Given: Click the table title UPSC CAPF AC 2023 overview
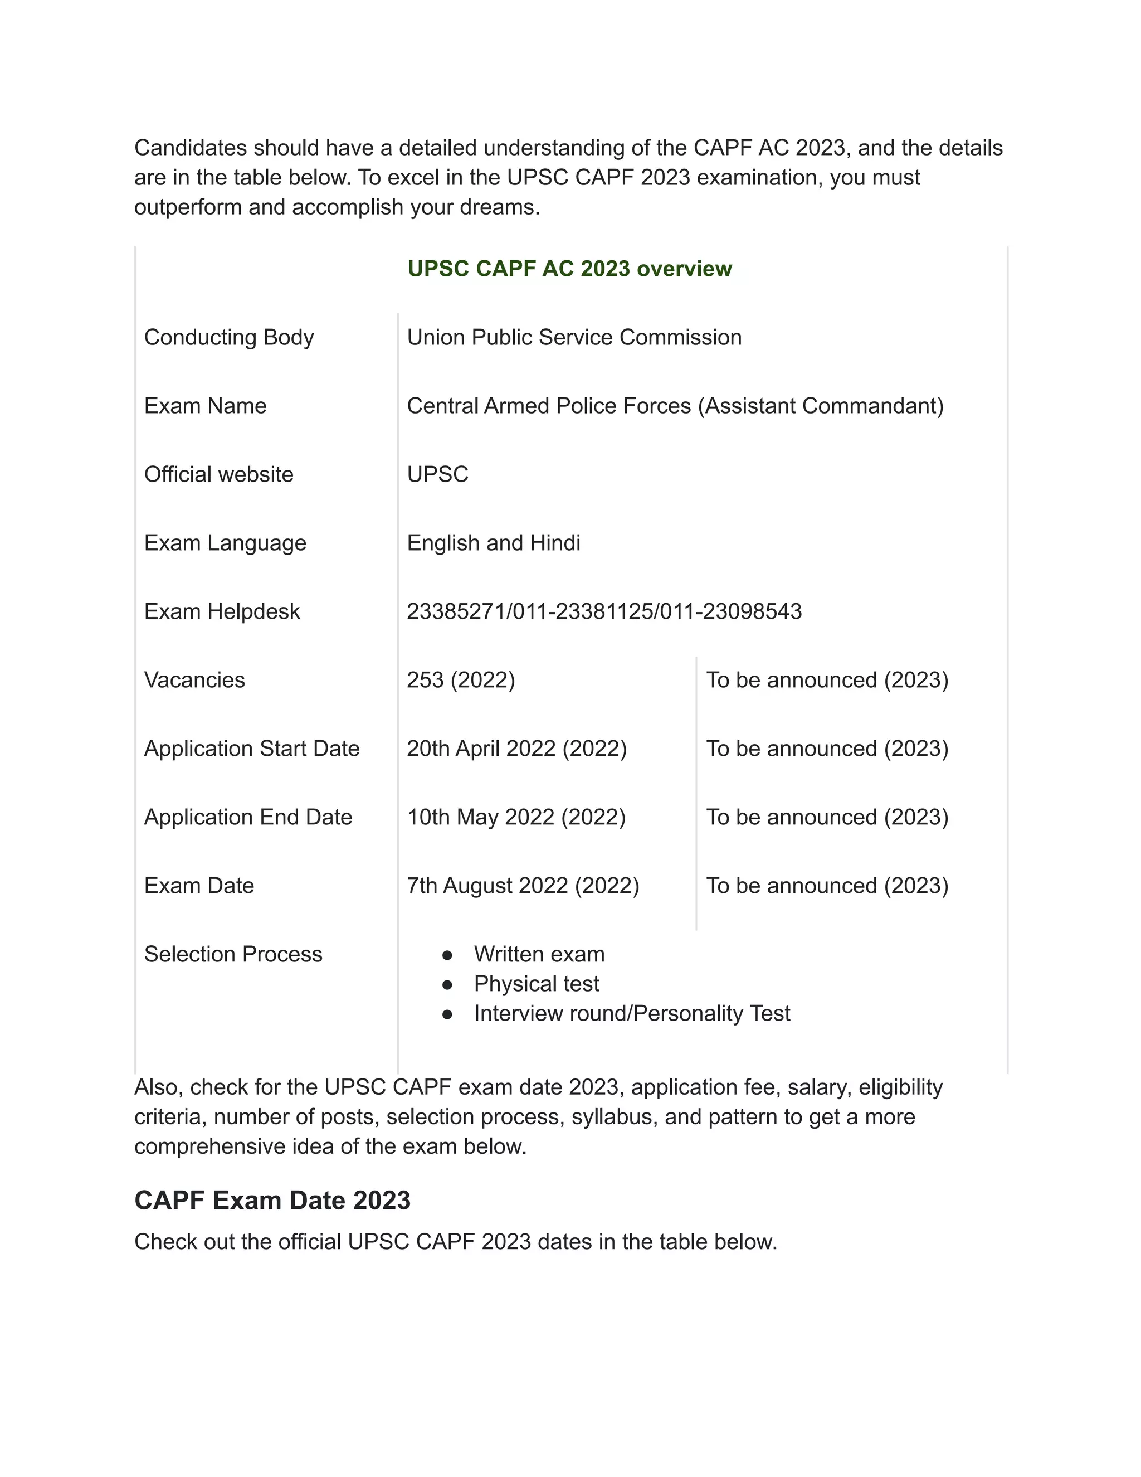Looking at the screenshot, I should point(569,269).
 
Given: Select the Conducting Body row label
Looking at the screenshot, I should point(228,337).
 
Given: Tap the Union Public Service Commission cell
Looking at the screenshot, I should point(574,337).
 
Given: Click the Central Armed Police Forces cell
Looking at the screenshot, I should point(675,406).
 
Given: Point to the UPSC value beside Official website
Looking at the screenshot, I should point(437,474).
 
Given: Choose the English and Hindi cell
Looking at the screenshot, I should point(494,542).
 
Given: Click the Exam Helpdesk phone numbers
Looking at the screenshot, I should point(603,611).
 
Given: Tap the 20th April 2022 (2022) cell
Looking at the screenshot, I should point(516,748).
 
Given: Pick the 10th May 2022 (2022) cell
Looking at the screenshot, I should point(516,817).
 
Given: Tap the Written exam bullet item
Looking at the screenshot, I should point(539,954).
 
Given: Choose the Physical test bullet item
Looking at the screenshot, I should point(536,983).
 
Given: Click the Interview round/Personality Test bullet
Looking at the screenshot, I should point(631,1013).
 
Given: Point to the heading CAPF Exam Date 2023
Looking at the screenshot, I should point(272,1201).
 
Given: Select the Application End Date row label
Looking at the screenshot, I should point(248,817).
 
